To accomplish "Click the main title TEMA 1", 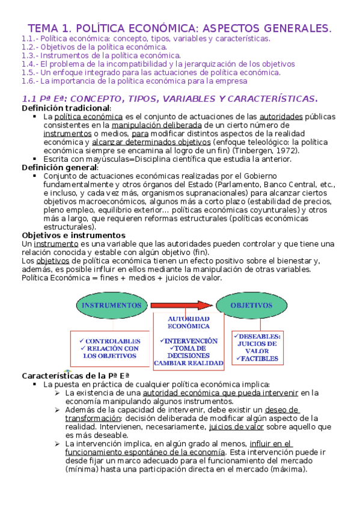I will point(180,28).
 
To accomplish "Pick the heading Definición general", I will point(51,167).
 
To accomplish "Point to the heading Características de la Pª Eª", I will point(76,375).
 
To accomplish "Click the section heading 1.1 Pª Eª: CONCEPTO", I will point(169,98).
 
